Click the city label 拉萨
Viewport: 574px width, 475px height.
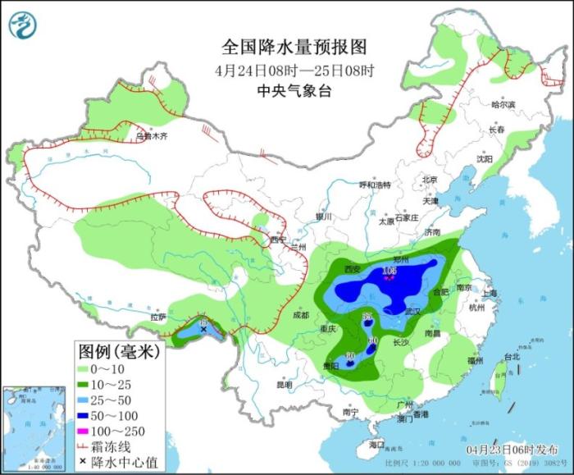click(x=158, y=316)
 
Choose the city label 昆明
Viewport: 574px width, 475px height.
click(x=284, y=384)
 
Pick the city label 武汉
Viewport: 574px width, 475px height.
click(x=412, y=312)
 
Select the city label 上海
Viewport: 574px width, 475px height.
click(x=491, y=293)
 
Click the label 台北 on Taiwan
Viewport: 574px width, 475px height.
click(x=512, y=357)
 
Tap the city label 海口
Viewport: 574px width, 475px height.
click(x=376, y=444)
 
